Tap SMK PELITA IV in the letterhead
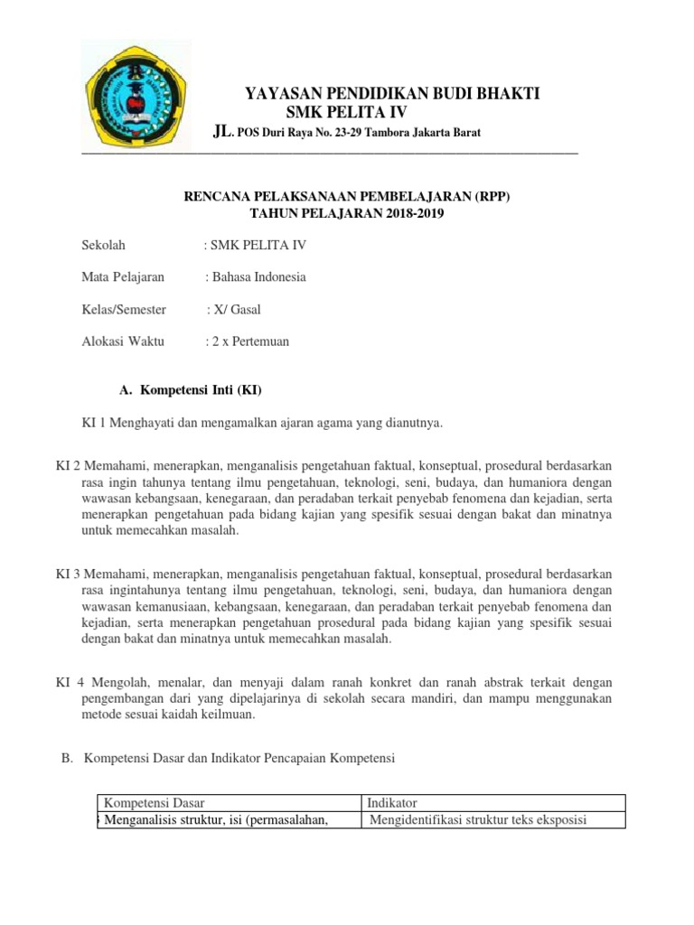coord(346,112)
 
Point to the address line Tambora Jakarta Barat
coord(346,134)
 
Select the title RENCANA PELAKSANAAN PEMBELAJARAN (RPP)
coord(347,196)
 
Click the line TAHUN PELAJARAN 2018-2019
coord(347,213)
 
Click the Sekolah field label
coord(103,245)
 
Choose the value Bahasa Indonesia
coord(258,277)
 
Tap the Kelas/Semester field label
coord(124,310)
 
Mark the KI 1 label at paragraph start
coord(93,423)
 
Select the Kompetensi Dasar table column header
coord(155,803)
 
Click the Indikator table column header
coord(391,803)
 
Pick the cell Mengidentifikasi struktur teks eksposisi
coord(479,820)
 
